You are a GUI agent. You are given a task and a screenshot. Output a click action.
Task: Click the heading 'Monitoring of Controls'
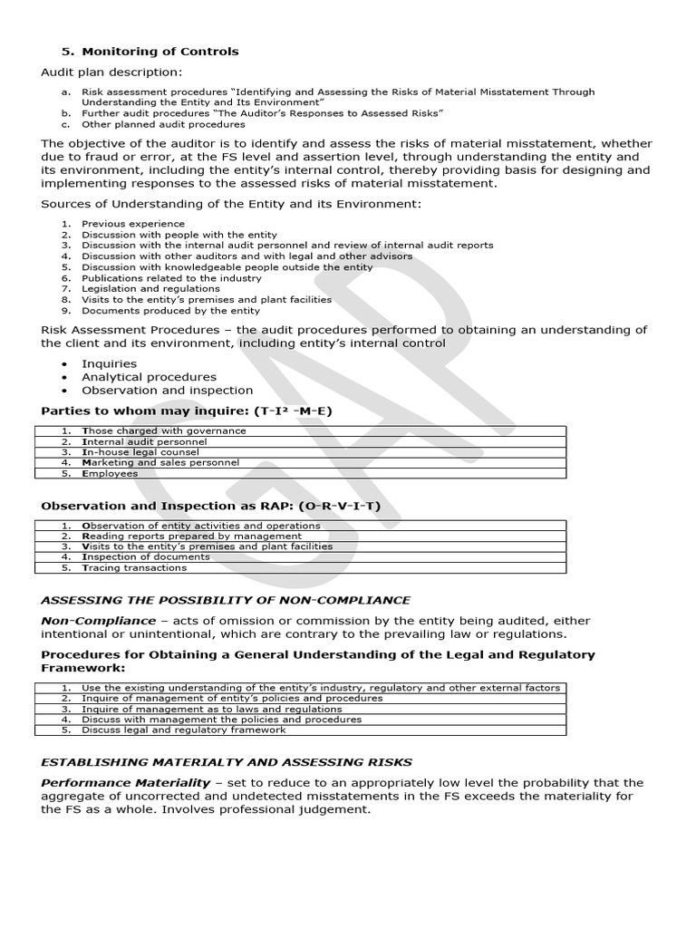(x=150, y=52)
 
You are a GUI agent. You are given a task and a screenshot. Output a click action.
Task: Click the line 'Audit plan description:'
(x=111, y=72)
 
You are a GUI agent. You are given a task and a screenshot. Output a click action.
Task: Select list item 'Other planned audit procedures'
(x=163, y=124)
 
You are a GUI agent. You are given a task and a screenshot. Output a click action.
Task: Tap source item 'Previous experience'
(x=132, y=223)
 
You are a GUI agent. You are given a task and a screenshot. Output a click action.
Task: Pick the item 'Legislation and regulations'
(x=150, y=288)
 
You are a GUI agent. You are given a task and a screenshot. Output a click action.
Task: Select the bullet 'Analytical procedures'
(x=149, y=377)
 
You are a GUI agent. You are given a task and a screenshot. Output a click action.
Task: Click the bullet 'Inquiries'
(x=109, y=363)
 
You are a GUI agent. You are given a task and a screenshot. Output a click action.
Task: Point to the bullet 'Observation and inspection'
(x=167, y=391)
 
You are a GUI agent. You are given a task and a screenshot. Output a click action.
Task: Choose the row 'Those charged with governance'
(x=163, y=431)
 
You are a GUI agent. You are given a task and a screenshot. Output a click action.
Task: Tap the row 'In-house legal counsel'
(x=141, y=452)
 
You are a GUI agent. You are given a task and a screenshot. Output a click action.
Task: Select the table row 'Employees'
(x=110, y=473)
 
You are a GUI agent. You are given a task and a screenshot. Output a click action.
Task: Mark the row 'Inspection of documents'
(x=145, y=557)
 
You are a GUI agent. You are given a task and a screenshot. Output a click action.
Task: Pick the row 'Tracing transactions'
(x=135, y=568)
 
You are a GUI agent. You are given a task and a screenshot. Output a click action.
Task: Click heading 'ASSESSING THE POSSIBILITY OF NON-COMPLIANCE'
(x=226, y=600)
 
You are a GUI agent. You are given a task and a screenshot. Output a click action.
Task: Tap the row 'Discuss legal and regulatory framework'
(x=183, y=730)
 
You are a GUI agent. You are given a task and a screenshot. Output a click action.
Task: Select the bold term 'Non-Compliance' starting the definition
(x=98, y=621)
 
